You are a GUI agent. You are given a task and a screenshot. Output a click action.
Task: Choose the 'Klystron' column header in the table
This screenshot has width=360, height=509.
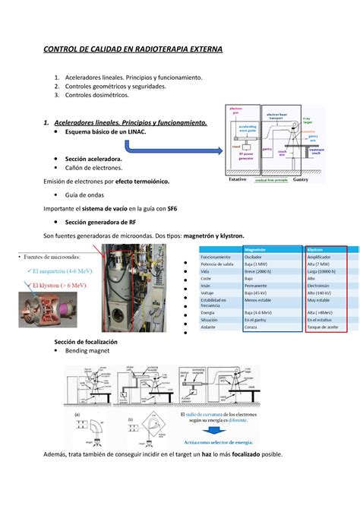(x=314, y=249)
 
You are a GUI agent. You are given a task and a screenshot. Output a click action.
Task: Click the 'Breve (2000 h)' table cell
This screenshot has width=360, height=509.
(x=260, y=271)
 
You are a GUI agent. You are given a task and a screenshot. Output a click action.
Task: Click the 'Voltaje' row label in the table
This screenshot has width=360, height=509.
(x=210, y=292)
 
